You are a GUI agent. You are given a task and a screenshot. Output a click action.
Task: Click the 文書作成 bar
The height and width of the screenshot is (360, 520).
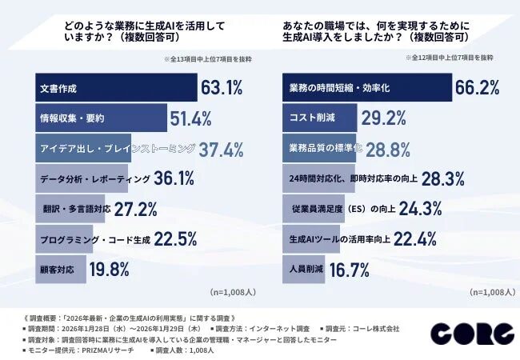pos(117,87)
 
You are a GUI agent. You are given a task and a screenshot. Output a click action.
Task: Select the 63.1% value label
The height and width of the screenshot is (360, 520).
pos(222,87)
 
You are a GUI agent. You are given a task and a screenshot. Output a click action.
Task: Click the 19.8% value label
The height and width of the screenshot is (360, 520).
pos(109,269)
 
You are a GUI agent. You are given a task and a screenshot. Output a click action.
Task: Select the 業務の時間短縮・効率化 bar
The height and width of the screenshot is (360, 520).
pos(367,87)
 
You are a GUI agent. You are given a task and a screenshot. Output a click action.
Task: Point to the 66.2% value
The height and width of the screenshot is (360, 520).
pos(478,87)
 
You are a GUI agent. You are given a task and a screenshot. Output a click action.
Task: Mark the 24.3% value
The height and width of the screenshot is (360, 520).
pos(421,209)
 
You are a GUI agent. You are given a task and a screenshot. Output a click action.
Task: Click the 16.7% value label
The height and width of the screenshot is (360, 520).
pos(349,269)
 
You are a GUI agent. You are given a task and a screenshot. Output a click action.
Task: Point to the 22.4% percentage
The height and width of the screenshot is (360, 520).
pos(414,238)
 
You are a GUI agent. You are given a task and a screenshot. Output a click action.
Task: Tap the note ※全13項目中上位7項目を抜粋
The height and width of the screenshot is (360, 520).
pos(204,58)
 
